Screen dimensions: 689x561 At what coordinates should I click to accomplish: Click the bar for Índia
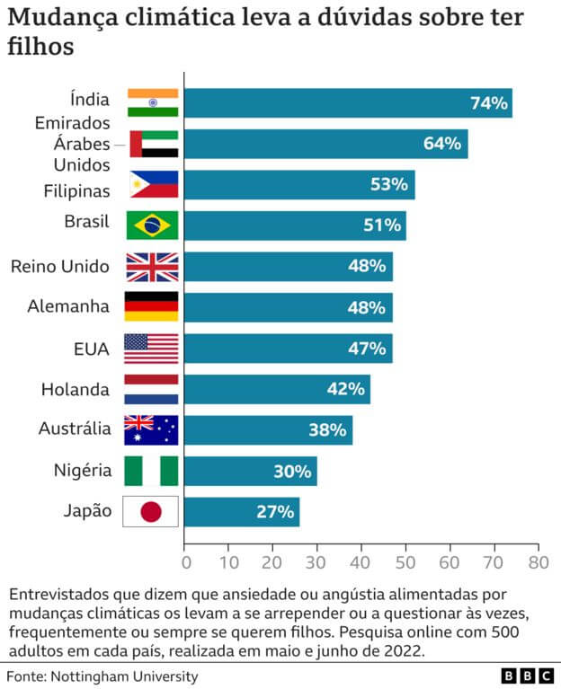coord(348,103)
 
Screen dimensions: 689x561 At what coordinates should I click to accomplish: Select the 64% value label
coord(442,144)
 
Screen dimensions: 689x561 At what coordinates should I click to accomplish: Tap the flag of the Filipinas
coord(152,184)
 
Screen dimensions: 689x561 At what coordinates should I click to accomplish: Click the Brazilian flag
coord(152,225)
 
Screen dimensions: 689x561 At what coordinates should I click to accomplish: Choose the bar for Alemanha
coord(288,307)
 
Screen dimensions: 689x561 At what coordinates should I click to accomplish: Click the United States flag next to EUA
coord(152,349)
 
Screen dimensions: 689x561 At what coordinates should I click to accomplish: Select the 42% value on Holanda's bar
coord(345,389)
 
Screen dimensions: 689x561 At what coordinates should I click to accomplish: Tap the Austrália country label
coord(75,429)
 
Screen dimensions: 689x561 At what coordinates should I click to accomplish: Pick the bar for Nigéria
coord(250,471)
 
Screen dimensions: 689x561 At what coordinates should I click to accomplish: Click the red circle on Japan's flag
coord(152,512)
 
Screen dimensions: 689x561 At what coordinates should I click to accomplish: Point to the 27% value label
coord(275,512)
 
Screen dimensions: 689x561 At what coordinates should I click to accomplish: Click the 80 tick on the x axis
coord(539,563)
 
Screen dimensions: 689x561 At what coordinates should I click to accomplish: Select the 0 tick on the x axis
coord(186,563)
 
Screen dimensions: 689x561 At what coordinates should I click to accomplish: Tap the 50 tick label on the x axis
coord(406,563)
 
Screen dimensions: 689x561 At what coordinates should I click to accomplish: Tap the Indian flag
coord(152,103)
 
